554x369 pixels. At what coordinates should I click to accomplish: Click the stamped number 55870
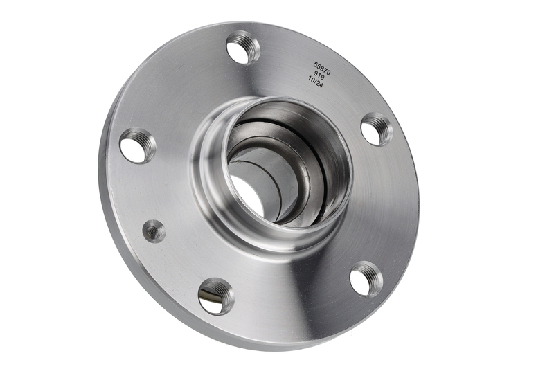coord(322,66)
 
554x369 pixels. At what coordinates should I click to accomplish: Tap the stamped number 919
coord(319,75)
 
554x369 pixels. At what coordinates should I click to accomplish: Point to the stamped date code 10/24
coord(316,82)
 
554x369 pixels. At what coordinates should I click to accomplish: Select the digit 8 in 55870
coord(322,66)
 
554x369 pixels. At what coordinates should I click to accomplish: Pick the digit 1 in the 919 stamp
coord(319,75)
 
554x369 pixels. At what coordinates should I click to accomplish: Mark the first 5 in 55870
coord(316,64)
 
